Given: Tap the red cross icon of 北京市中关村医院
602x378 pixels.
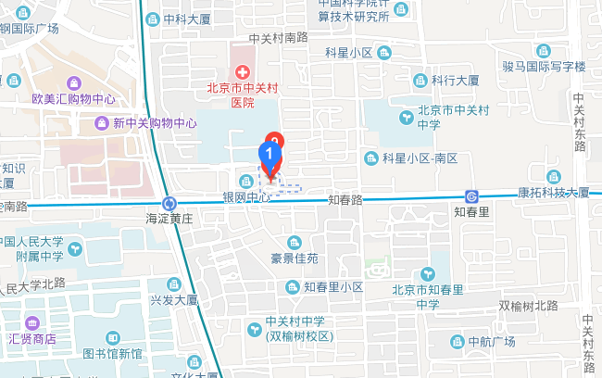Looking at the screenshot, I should click(x=243, y=71).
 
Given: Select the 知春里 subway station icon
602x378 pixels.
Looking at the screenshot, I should click(x=472, y=195).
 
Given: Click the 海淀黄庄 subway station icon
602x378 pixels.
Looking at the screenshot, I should click(x=169, y=203).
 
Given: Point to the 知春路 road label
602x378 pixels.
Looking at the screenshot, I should click(x=344, y=199).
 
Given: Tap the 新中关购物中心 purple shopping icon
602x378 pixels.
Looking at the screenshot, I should click(x=101, y=122).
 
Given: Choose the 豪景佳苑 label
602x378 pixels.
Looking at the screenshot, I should click(x=294, y=258).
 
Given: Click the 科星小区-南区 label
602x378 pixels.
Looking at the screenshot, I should click(x=420, y=158).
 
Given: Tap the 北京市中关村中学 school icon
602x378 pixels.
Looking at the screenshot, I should click(x=408, y=117).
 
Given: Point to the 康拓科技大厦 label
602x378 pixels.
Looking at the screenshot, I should click(x=553, y=193).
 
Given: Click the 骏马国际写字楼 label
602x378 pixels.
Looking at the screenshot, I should click(x=544, y=67).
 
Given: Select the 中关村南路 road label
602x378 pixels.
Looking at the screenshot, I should click(x=278, y=38).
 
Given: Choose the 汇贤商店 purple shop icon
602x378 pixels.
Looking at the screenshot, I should click(x=34, y=323).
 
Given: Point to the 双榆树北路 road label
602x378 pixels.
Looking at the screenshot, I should click(x=529, y=306).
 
